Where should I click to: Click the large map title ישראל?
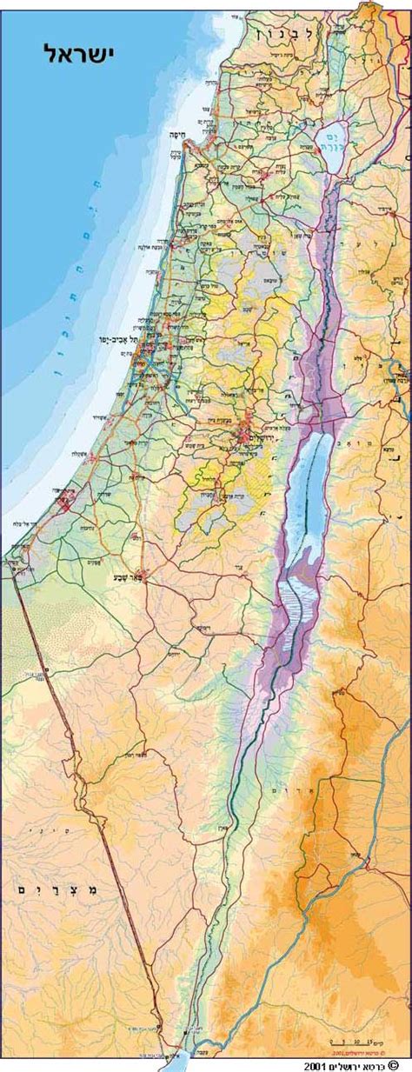[x=79, y=54]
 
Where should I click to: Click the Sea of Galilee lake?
[x=332, y=139]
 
